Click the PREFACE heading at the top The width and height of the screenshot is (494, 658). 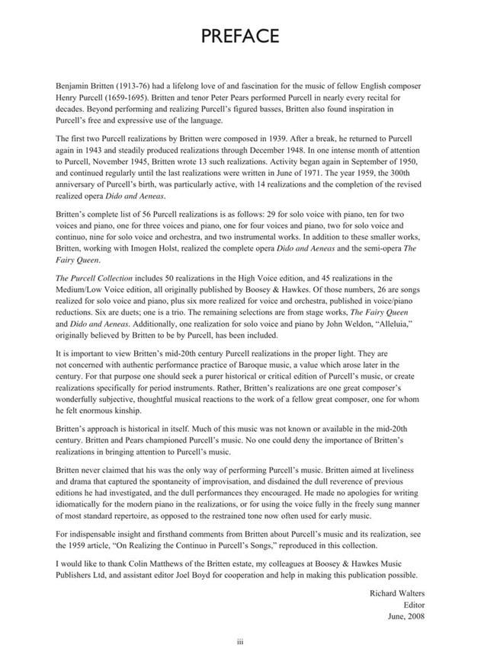pyautogui.click(x=246, y=36)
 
